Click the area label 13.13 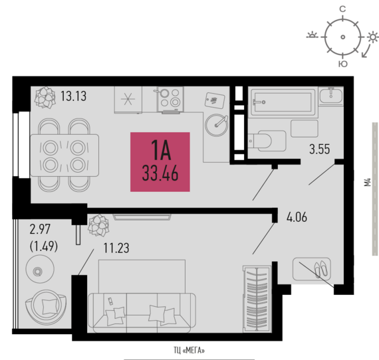[73, 96]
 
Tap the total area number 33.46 [160, 173]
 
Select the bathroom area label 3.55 [320, 149]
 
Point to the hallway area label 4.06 [297, 217]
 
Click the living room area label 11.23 [116, 248]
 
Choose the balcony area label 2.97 [40, 229]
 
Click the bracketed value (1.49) [44, 246]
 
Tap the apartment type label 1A [161, 150]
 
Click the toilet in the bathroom [267, 141]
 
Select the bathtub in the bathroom [283, 102]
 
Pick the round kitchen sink [216, 125]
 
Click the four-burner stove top [170, 99]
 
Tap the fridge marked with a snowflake [128, 99]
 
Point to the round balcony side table [40, 269]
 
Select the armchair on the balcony [45, 307]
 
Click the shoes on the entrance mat [321, 268]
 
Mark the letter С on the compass [342, 9]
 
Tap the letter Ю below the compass [343, 64]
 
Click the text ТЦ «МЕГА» [189, 350]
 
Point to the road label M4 [368, 182]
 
